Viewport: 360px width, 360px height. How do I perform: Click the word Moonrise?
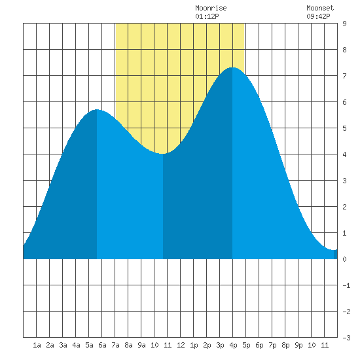(211, 8)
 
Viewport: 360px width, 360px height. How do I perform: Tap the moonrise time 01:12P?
(207, 16)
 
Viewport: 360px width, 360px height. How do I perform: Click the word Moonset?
(320, 8)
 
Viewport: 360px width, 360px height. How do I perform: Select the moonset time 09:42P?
(318, 16)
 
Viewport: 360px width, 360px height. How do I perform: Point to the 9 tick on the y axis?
(344, 24)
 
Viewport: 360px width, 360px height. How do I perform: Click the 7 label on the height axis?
(344, 76)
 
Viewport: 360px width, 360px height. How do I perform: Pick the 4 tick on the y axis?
(344, 154)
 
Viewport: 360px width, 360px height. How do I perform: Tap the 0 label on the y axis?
(344, 259)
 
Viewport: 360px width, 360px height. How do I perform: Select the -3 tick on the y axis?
(346, 338)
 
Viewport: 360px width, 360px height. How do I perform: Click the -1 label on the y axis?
(346, 285)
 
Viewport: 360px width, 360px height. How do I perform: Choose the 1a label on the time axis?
(37, 345)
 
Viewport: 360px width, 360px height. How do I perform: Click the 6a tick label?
(102, 345)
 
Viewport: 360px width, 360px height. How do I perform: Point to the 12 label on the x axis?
(181, 345)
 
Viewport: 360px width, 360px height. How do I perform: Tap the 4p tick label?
(233, 345)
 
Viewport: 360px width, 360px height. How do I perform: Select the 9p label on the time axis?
(298, 345)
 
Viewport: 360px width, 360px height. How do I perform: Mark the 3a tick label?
(63, 345)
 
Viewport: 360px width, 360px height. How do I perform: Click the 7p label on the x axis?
(272, 345)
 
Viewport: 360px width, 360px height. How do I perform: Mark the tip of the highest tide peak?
(232, 67)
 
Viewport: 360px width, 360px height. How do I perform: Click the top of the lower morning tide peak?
(97, 109)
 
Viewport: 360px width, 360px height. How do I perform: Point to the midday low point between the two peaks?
(162, 154)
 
